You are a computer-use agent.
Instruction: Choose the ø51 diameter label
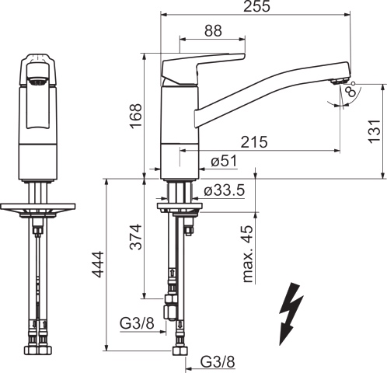(224, 162)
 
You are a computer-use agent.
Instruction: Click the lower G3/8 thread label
(218, 361)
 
